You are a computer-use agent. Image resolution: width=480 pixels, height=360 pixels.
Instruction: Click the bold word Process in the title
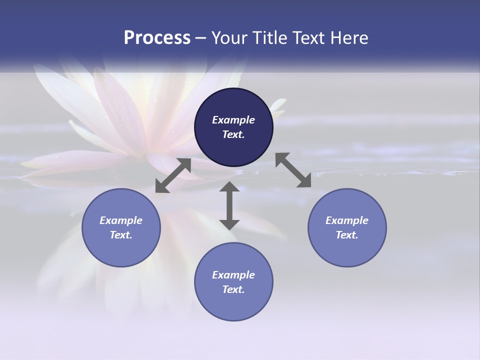(x=157, y=37)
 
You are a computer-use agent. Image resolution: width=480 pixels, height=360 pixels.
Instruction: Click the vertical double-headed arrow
(x=229, y=205)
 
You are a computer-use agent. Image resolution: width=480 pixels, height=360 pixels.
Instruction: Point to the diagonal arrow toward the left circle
(x=173, y=175)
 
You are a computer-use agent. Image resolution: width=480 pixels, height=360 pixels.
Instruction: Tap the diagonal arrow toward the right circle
(x=293, y=170)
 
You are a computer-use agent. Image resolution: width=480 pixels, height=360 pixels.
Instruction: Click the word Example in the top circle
(x=233, y=120)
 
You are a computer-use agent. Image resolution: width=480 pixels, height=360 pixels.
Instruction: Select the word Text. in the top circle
(x=233, y=134)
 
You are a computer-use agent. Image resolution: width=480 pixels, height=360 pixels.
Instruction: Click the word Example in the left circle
(x=121, y=220)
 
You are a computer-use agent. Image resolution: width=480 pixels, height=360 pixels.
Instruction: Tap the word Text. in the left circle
(x=121, y=235)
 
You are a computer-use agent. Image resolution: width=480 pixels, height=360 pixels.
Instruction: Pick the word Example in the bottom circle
(x=233, y=275)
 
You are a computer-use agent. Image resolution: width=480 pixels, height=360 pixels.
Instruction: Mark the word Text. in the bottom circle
(x=233, y=289)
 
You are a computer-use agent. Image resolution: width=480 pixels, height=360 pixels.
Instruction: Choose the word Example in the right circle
(x=347, y=220)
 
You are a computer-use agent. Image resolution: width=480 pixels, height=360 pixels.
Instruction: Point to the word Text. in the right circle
(x=347, y=235)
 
